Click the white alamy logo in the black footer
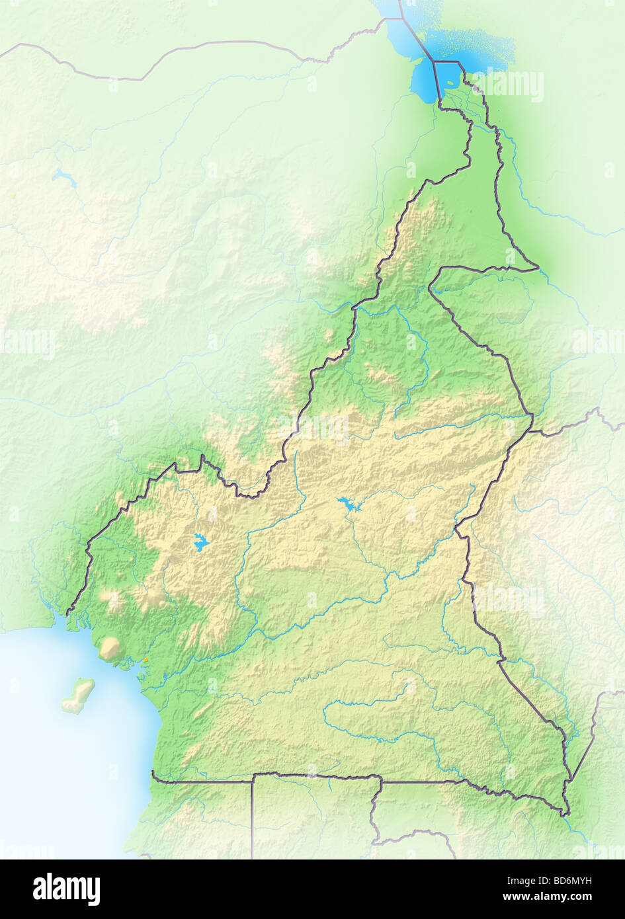(x=66, y=889)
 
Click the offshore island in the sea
(x=79, y=695)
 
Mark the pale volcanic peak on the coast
(x=108, y=647)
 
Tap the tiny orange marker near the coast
(x=145, y=660)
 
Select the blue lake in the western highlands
(x=200, y=543)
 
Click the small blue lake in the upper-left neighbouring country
(x=63, y=177)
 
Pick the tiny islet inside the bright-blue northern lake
(x=450, y=83)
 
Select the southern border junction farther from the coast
(x=381, y=776)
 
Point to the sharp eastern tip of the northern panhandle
(x=538, y=268)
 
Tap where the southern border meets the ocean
(x=153, y=773)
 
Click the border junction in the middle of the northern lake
(x=433, y=61)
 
